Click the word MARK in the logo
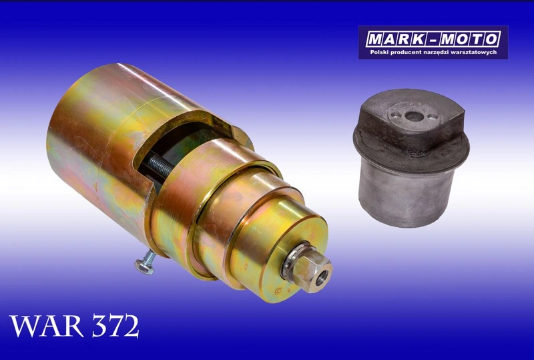395,39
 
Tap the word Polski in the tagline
379,53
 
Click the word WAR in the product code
47,326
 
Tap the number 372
115,326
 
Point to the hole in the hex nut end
321,278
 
